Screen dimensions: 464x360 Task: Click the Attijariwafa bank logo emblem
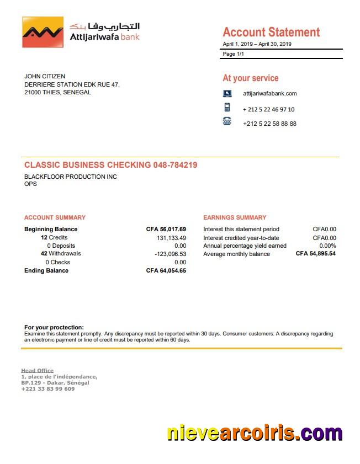(x=43, y=32)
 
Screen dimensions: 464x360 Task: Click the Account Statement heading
(x=271, y=32)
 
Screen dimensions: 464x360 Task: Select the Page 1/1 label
(x=233, y=54)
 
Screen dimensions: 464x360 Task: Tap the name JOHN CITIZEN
(x=45, y=76)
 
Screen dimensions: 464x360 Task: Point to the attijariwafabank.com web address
(x=269, y=94)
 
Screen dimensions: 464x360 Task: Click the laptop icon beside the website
(x=227, y=94)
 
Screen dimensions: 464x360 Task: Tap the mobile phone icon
(x=227, y=108)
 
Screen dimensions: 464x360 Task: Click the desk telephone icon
(x=227, y=122)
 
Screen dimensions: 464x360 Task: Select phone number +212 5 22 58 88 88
(x=269, y=124)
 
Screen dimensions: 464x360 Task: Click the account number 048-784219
(x=175, y=165)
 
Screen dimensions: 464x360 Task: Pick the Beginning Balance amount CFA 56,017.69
(x=166, y=229)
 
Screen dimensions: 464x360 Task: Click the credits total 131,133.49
(x=171, y=238)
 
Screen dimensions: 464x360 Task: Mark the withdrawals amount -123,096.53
(x=170, y=254)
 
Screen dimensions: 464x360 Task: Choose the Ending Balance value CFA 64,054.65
(x=166, y=271)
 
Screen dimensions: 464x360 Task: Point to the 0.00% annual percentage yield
(x=327, y=246)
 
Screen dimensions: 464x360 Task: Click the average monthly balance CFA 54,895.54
(x=315, y=254)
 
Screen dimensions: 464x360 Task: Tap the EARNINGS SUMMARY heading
(x=235, y=217)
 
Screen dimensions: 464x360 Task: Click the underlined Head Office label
(x=38, y=371)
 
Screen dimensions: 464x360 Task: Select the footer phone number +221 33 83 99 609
(x=48, y=389)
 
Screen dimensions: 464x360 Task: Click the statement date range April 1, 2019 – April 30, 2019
(x=257, y=44)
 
